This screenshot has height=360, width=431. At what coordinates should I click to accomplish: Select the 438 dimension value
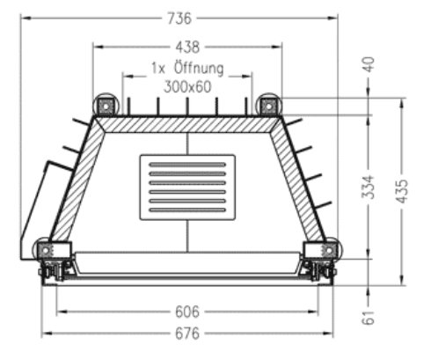(187, 47)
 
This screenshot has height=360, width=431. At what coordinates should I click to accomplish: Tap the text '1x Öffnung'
(187, 68)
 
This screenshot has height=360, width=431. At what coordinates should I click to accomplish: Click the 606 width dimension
(187, 312)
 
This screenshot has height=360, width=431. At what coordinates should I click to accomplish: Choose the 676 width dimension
(187, 334)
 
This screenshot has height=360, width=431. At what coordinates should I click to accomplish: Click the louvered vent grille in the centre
(187, 186)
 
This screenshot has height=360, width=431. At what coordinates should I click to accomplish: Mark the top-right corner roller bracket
(267, 106)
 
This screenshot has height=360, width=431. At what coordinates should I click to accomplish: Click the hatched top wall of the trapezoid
(187, 125)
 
